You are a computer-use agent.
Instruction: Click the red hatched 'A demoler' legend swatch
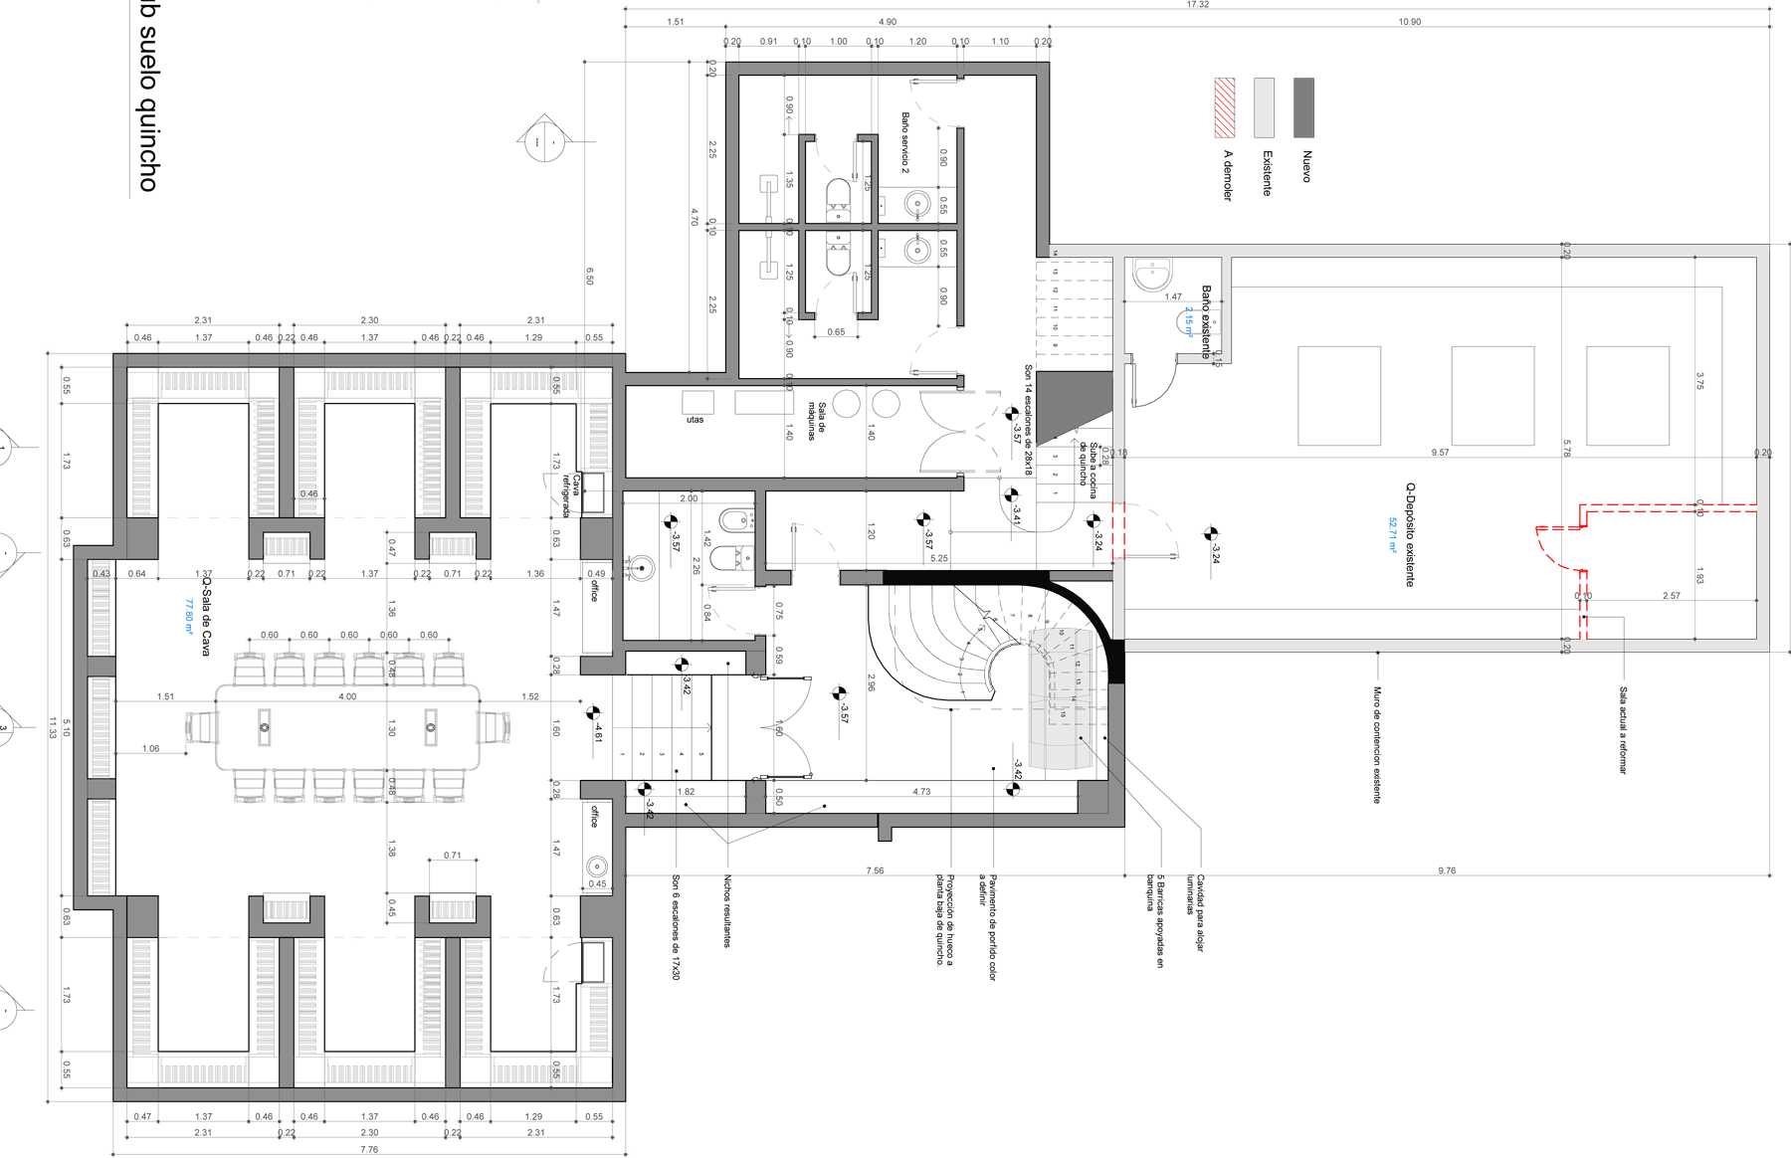(x=1224, y=107)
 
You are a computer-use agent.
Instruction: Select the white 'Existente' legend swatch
(x=1264, y=107)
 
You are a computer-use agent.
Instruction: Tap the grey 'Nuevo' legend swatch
(x=1303, y=107)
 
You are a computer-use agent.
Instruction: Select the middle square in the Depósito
(x=1492, y=395)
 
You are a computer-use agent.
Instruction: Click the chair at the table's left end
(x=201, y=726)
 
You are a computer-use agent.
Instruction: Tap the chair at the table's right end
(x=495, y=726)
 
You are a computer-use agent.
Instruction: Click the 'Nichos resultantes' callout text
(x=729, y=910)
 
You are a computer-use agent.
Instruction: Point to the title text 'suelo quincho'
(x=146, y=109)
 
